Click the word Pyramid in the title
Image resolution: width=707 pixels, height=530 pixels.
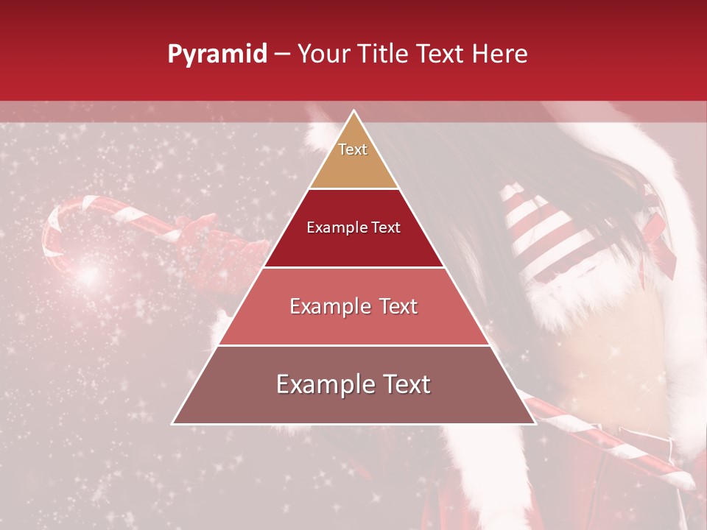[x=217, y=54]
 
